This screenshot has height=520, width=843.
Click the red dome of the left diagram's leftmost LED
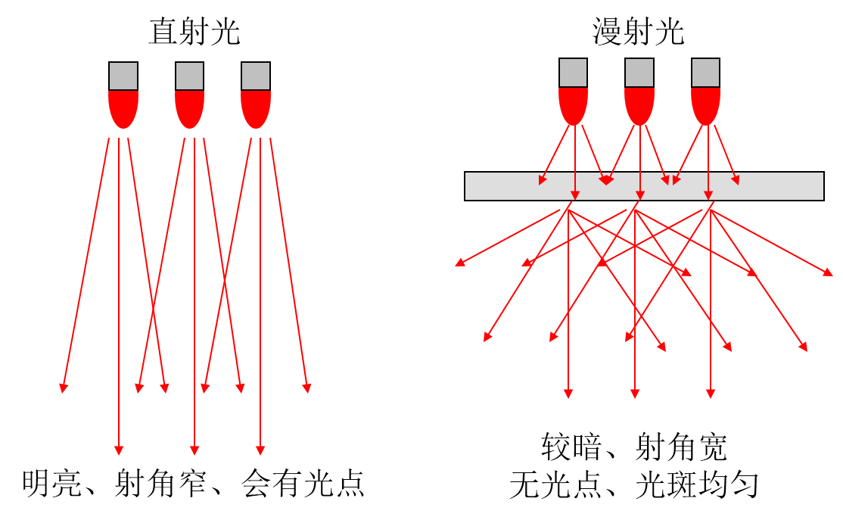point(123,107)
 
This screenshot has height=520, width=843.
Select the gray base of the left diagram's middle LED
point(189,76)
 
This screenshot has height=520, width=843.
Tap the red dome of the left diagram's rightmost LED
point(256,107)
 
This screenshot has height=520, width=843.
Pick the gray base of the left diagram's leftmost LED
point(123,76)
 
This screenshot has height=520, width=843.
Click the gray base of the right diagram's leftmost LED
point(573,73)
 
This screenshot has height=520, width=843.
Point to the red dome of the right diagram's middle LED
point(639,104)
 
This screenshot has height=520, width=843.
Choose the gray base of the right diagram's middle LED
point(639,73)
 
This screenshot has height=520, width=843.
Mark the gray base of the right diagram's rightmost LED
point(705,73)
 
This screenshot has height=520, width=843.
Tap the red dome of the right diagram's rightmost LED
point(705,104)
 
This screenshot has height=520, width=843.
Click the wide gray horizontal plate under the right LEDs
point(644,186)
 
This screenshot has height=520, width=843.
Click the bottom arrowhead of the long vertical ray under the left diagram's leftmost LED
point(119,450)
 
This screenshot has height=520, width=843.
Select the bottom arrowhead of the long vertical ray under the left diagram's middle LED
point(194,450)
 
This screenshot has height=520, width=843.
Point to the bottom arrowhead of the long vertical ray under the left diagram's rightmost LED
point(260,450)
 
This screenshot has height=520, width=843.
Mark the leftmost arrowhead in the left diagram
point(64,388)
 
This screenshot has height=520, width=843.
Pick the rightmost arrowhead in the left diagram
point(307,388)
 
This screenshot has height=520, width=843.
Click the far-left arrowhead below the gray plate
point(459,263)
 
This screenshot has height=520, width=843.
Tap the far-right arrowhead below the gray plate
point(829,272)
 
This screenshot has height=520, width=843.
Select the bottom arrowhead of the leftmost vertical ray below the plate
point(568,394)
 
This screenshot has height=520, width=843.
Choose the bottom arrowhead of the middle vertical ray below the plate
point(635,394)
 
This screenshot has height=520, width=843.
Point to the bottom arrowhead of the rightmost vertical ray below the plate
point(711,394)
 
